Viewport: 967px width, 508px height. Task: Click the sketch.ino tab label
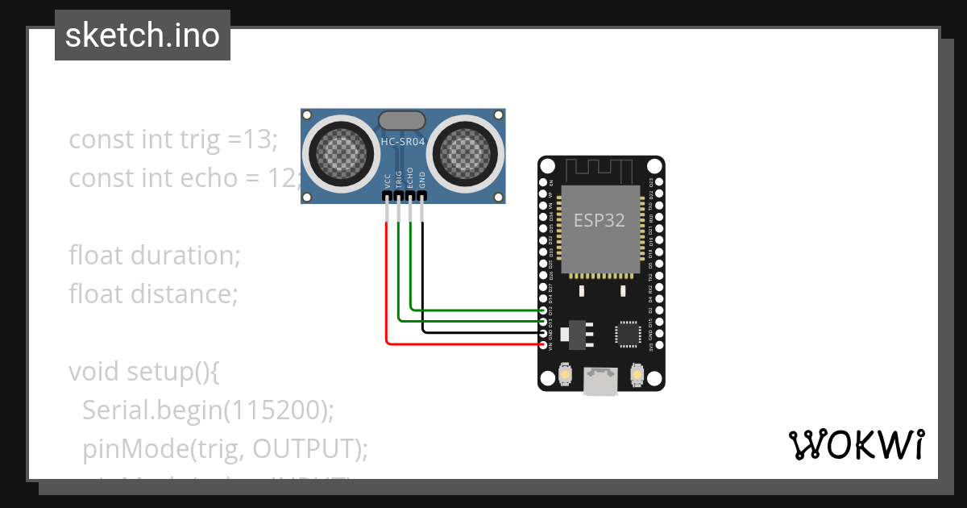pyautogui.click(x=143, y=35)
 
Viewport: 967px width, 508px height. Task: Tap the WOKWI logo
pyautogui.click(x=855, y=444)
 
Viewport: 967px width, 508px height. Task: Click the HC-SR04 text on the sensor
pyautogui.click(x=402, y=142)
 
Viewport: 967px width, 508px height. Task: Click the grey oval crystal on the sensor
pyautogui.click(x=401, y=121)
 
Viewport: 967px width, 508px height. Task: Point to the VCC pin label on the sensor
pyautogui.click(x=388, y=181)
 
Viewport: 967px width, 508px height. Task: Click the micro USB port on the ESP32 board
pyautogui.click(x=601, y=382)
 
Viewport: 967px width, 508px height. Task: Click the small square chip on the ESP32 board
pyautogui.click(x=628, y=335)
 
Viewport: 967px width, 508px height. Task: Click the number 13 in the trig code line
pyautogui.click(x=259, y=139)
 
